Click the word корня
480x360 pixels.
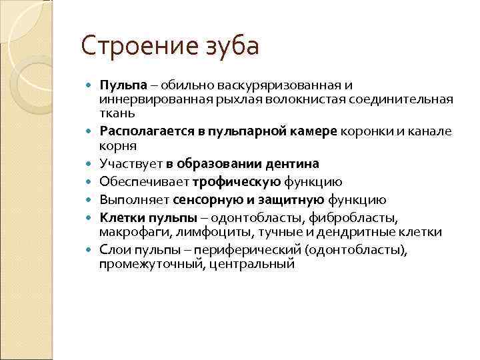pyautogui.click(x=118, y=145)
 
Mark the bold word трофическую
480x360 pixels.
pyautogui.click(x=237, y=181)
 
